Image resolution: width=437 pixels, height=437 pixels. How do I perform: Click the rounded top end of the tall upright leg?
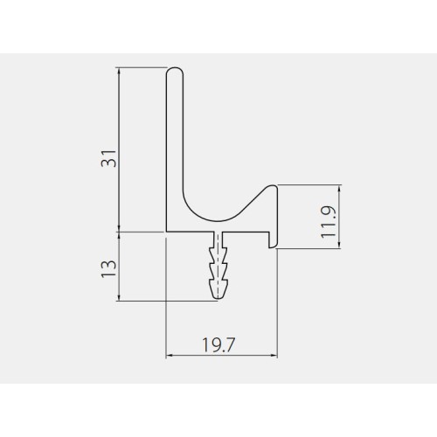175,71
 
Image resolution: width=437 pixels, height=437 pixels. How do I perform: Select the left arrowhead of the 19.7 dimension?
169,356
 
